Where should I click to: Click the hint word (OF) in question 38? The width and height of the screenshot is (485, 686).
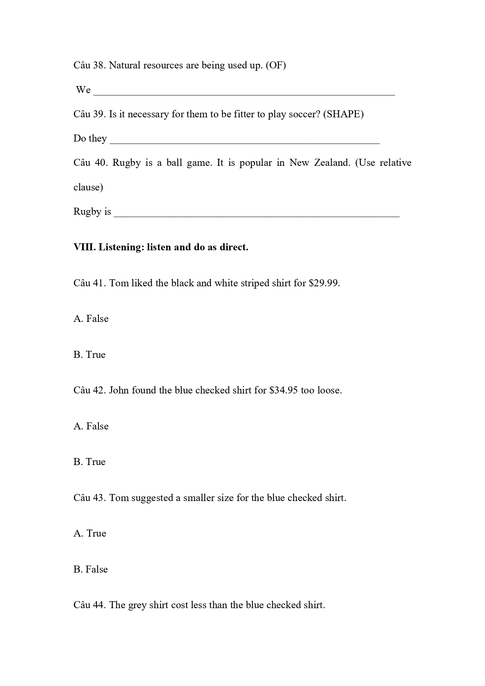pyautogui.click(x=276, y=65)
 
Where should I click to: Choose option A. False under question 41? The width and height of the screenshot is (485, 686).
pyautogui.click(x=91, y=319)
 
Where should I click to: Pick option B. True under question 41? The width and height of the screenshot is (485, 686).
pyautogui.click(x=89, y=355)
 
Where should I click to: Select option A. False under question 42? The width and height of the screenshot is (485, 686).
pyautogui.click(x=91, y=426)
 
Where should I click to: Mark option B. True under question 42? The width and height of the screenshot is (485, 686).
pyautogui.click(x=89, y=462)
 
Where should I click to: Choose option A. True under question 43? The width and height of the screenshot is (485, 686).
pyautogui.click(x=90, y=533)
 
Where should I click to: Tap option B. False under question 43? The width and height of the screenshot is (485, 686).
pyautogui.click(x=91, y=569)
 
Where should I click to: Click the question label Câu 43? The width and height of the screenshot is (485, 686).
pyautogui.click(x=89, y=498)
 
